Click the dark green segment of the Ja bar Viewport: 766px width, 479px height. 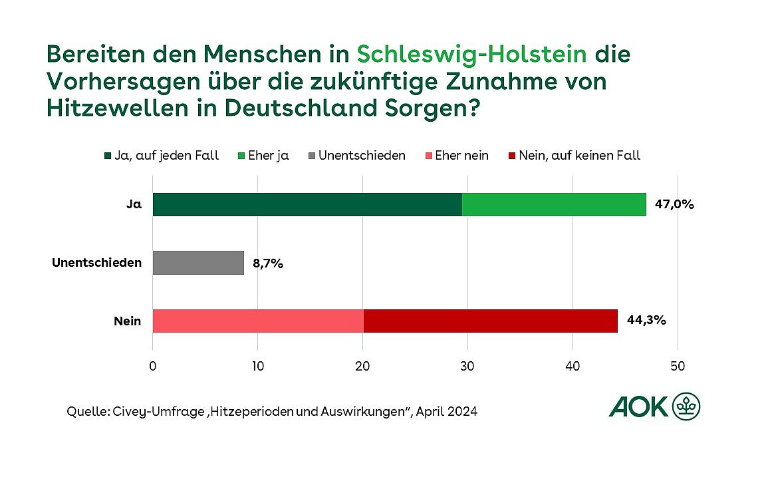(307, 205)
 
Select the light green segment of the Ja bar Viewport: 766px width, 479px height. (554, 205)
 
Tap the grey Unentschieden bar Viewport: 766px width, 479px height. (198, 263)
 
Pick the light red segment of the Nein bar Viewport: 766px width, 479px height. (258, 321)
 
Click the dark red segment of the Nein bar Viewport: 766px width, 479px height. (490, 321)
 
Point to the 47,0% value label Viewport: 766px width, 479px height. (674, 205)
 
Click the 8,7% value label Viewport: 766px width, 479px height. (268, 263)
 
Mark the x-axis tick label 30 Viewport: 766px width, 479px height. (467, 365)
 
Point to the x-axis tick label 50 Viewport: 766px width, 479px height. (677, 365)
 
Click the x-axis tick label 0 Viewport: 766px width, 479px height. (153, 365)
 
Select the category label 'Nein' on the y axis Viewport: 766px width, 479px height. (127, 321)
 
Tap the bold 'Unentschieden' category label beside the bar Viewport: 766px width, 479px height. (97, 263)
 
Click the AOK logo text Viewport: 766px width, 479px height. (638, 406)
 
